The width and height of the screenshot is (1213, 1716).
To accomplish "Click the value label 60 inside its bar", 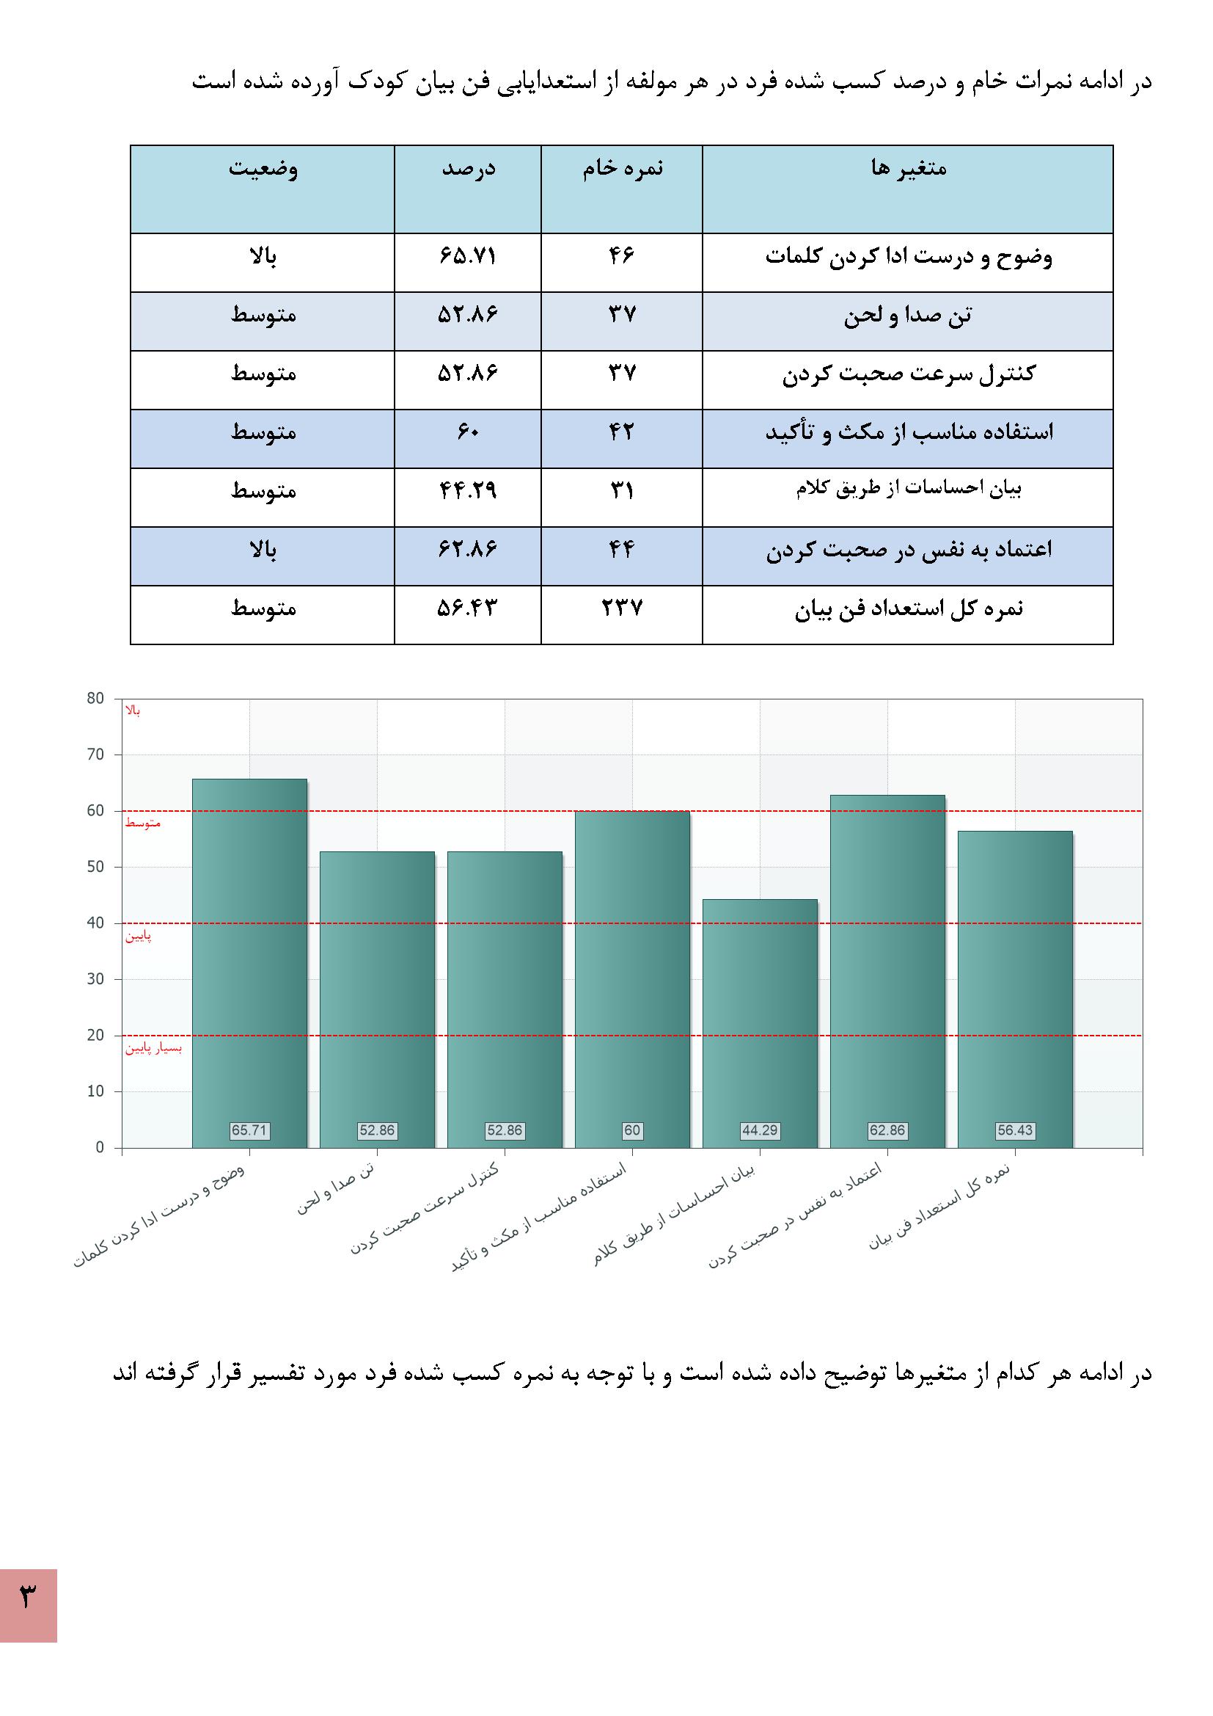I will (632, 1130).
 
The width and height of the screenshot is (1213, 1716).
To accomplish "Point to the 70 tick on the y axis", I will (95, 755).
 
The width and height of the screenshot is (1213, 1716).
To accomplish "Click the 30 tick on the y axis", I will (95, 979).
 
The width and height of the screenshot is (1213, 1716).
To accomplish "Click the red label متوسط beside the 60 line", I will (143, 823).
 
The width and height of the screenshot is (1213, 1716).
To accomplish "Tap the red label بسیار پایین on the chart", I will (153, 1048).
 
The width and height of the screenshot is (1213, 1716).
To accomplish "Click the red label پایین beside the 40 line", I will (138, 936).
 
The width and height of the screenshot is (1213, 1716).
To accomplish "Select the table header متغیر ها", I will (907, 168).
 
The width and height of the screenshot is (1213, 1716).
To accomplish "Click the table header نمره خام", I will (622, 168).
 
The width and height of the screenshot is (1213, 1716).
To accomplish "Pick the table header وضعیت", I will (263, 168).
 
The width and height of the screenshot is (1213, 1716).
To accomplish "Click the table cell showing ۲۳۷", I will (621, 608).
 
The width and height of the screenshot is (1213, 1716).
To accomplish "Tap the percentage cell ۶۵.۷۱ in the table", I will (468, 256).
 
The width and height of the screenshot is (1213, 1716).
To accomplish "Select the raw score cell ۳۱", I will (621, 491).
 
